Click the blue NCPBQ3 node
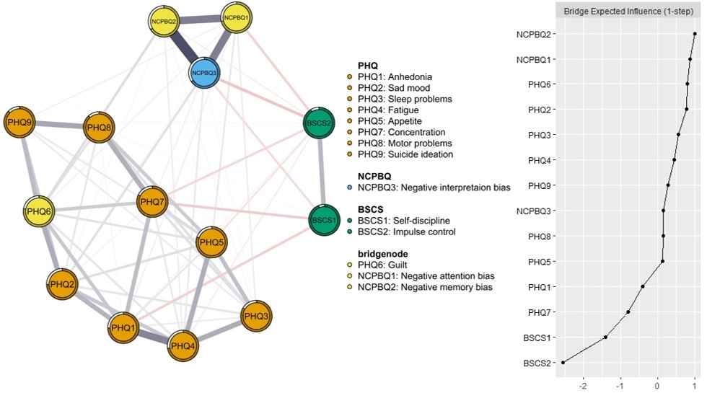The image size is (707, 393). pyautogui.click(x=204, y=73)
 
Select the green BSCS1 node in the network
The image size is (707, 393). pyautogui.click(x=324, y=221)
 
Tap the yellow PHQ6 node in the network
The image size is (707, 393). pyautogui.click(x=39, y=211)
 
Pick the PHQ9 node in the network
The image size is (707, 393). pyautogui.click(x=19, y=122)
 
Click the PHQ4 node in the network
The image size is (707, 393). pyautogui.click(x=183, y=345)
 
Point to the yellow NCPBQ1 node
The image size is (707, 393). pyautogui.click(x=237, y=17)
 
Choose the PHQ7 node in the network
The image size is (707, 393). pyautogui.click(x=152, y=201)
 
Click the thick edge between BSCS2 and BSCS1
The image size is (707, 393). pyautogui.click(x=322, y=172)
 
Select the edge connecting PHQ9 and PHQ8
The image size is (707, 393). pyautogui.click(x=59, y=125)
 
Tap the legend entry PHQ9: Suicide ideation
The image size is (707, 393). pyautogui.click(x=405, y=154)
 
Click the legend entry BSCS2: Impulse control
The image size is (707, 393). pyautogui.click(x=407, y=231)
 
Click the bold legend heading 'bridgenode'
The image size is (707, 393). pyautogui.click(x=383, y=254)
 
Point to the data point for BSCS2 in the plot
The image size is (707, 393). pyautogui.click(x=563, y=362)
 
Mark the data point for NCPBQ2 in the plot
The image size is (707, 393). pyautogui.click(x=695, y=34)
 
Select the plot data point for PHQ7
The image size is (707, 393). pyautogui.click(x=628, y=312)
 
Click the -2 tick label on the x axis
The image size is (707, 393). pyautogui.click(x=583, y=387)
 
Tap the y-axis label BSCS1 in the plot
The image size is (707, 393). pyautogui.click(x=537, y=337)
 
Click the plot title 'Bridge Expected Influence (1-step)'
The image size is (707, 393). pyautogui.click(x=628, y=12)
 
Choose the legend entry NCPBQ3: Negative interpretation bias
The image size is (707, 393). pyautogui.click(x=434, y=187)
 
